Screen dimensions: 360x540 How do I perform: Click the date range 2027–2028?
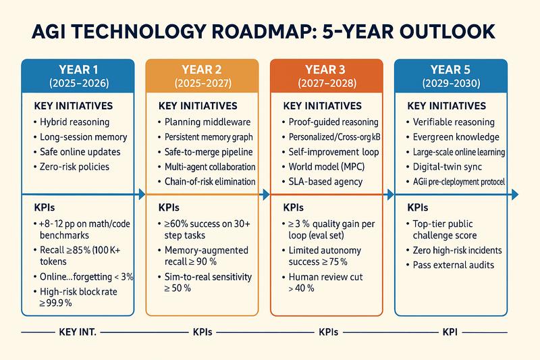click(326, 85)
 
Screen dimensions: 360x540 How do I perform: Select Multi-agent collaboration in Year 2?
click(210, 167)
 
